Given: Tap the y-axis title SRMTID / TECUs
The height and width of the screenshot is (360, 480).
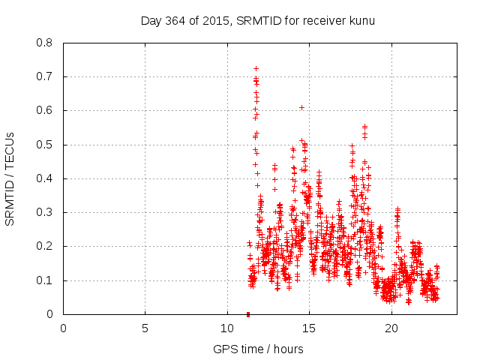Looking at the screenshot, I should (x=10, y=178).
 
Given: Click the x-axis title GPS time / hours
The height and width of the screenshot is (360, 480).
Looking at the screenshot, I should (x=258, y=349).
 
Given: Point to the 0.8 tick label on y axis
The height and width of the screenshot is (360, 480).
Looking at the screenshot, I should (x=45, y=43).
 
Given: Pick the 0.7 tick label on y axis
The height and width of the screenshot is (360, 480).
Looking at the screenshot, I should (x=45, y=76).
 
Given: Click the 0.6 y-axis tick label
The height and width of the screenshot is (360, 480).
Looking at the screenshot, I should (x=45, y=110).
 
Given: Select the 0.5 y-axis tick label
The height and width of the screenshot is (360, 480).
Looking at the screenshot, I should (x=45, y=145).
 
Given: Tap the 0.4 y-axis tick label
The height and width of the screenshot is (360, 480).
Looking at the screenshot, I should (x=45, y=178).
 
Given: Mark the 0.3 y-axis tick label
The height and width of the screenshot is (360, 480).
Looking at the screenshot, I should (x=45, y=212).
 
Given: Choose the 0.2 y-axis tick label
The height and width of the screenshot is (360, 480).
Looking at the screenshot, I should (x=45, y=246).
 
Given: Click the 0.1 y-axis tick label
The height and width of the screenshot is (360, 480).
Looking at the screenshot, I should (x=45, y=280).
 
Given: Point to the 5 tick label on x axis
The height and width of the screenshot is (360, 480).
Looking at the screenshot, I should (x=145, y=328).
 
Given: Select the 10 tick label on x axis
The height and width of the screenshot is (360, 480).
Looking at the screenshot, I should (x=227, y=328).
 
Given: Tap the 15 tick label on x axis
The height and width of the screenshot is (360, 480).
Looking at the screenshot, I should (x=310, y=328).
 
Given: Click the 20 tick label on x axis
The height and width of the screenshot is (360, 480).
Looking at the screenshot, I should (x=391, y=328).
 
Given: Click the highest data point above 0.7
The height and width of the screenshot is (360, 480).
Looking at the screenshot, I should (x=256, y=68).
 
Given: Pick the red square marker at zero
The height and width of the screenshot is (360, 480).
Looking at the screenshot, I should (x=248, y=314).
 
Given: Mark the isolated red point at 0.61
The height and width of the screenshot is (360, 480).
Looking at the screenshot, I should (x=301, y=107).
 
